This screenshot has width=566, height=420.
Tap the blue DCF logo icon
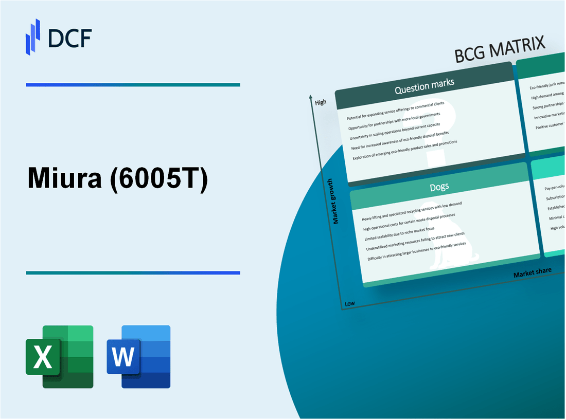tap(33, 36)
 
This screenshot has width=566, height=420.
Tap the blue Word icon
tap(139, 356)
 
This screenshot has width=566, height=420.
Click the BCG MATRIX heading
tap(500, 50)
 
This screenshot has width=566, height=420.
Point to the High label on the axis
tap(321, 102)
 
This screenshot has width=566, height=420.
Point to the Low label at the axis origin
tap(349, 303)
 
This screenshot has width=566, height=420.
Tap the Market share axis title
tap(532, 272)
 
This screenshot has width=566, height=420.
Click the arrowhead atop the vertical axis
tap(311, 97)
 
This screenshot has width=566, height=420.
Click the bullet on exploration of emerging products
tap(405, 150)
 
